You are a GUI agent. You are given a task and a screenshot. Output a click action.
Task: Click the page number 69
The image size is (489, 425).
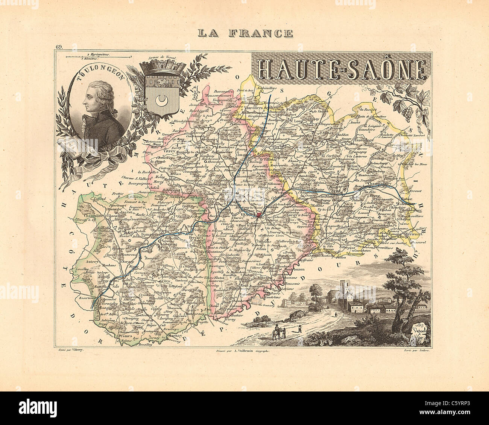point(59,47)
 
